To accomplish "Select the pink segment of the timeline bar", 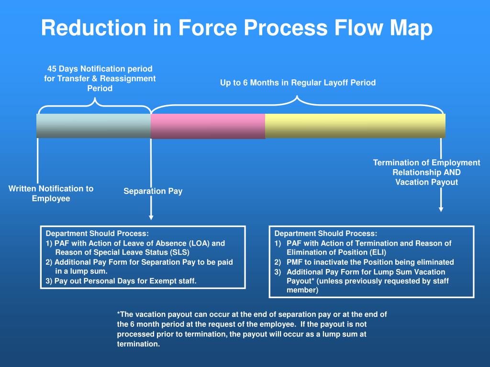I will point(208,126).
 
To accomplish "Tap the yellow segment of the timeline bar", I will point(355,126).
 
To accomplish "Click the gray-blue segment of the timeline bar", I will point(94,126).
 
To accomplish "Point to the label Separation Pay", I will point(153,191).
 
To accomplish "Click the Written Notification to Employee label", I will point(51,194).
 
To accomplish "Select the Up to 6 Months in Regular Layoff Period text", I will point(298,83).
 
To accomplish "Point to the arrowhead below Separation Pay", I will point(151,217).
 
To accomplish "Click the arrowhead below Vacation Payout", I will point(441,209).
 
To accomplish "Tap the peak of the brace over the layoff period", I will point(298,98).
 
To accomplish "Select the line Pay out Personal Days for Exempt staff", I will point(121,281).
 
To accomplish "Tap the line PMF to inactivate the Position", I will point(370,262).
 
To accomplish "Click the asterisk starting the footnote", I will point(119,314).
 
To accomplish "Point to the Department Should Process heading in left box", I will point(97,234).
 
